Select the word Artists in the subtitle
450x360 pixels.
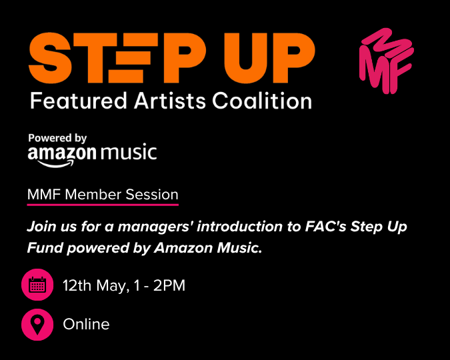pos(169,101)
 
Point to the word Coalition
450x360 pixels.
pos(262,101)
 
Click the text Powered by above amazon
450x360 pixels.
pos(58,138)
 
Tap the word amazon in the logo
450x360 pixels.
pos(62,153)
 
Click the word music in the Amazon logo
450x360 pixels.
pos(129,153)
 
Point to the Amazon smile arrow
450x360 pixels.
pos(61,163)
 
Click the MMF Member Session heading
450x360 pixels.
pos(103,195)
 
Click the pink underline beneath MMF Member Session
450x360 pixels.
pos(103,204)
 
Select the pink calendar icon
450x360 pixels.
pos(37,286)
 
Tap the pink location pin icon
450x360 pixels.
pos(37,325)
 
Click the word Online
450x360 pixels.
pos(86,325)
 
